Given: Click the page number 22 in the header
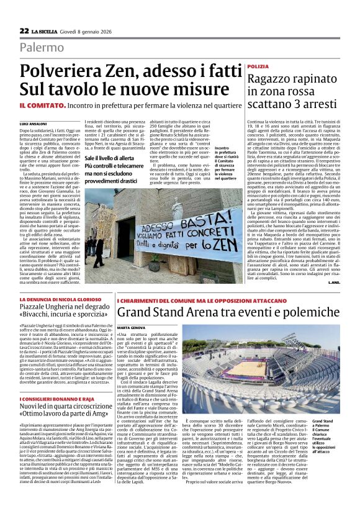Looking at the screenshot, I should point(24,30).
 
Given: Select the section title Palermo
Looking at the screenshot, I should point(41,47).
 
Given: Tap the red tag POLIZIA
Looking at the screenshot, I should point(258,66).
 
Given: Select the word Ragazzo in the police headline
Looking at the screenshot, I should point(271,79).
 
